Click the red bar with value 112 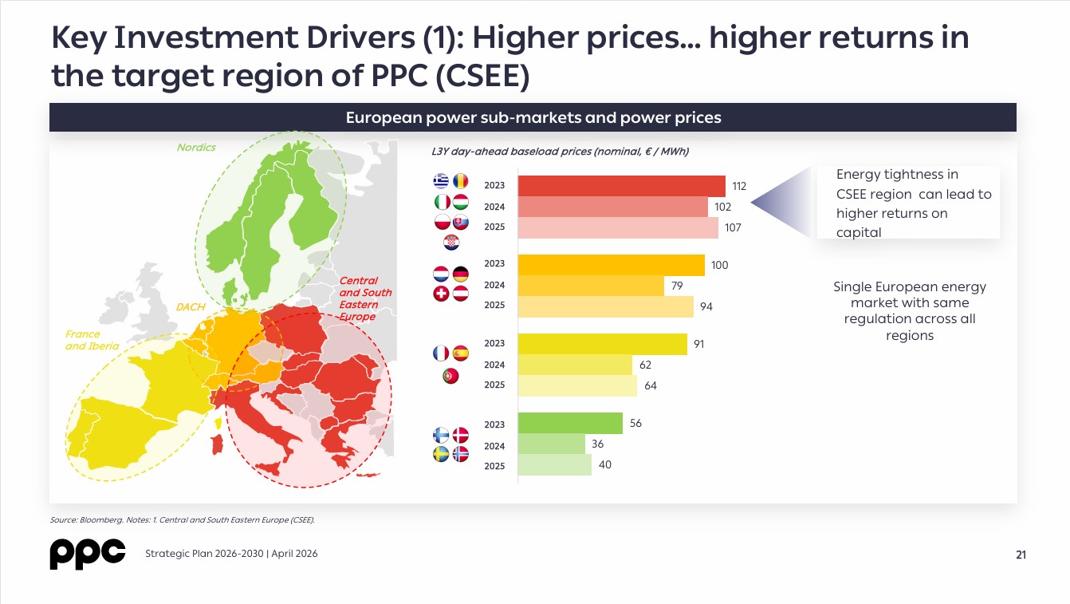tap(621, 186)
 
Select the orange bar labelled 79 tap(591, 286)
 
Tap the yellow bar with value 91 tap(602, 344)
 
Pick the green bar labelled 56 tap(570, 424)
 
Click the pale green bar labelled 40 tap(555, 465)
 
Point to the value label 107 tap(733, 227)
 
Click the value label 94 tap(706, 306)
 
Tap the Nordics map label tap(196, 147)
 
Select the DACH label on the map tap(191, 306)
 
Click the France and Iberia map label tap(92, 340)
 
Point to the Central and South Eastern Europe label tap(365, 298)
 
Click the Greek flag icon tap(441, 181)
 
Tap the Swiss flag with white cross tap(441, 294)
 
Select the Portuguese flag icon tap(450, 376)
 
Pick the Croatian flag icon tap(451, 243)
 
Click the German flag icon tap(461, 274)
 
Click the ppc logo tap(88, 554)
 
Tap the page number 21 tap(1021, 555)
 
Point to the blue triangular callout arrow tap(781, 203)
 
